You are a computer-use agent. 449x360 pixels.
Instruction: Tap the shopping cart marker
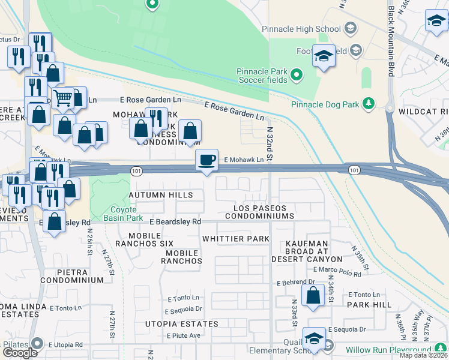pos(62,97)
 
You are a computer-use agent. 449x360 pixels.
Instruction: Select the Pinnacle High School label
pos(301,28)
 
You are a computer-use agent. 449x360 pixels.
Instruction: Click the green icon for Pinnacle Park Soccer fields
pos(296,75)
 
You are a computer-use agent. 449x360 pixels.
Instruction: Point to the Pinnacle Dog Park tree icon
pos(369,104)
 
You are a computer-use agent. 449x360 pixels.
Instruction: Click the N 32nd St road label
pos(270,143)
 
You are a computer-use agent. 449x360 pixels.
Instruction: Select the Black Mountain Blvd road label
pos(391,41)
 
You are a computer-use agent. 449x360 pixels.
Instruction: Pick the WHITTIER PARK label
pos(235,239)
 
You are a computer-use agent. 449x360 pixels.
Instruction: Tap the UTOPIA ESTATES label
pos(181,324)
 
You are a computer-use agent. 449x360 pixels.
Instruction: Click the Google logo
pos(20,352)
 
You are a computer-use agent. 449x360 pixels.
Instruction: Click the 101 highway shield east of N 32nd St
pos(354,170)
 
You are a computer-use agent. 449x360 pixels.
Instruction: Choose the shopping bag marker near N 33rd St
pos(313,296)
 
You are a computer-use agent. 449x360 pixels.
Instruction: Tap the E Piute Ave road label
pos(183,335)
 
